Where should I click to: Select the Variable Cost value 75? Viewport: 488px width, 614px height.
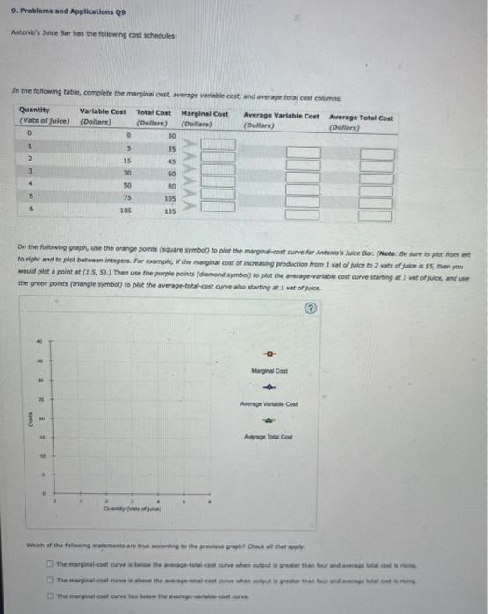[127, 198]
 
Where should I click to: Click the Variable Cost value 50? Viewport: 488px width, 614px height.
[127, 186]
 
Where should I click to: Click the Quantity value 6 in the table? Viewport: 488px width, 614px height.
[28, 211]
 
